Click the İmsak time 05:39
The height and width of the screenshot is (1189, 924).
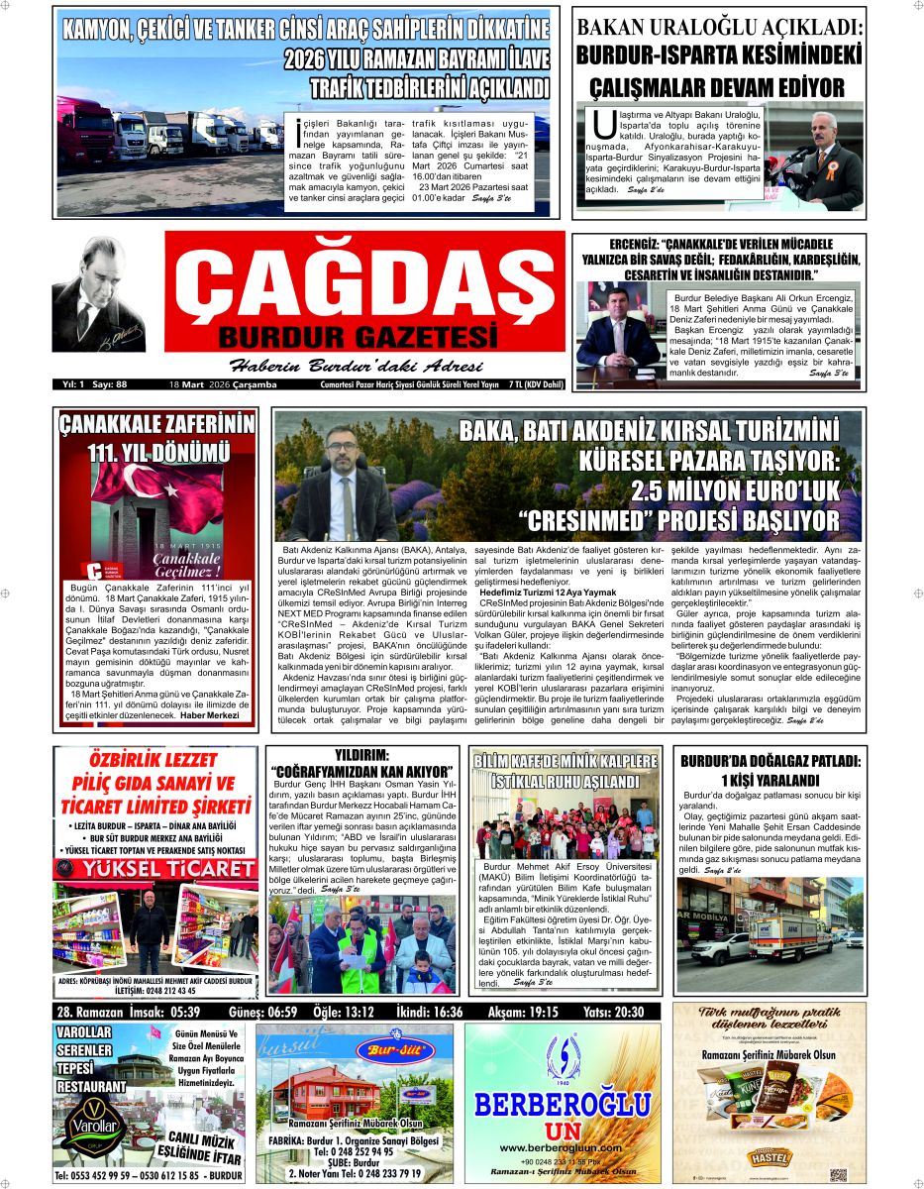click(x=184, y=1012)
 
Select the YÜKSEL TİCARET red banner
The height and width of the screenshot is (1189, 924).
click(x=156, y=869)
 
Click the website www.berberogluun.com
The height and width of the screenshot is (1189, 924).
click(x=563, y=1147)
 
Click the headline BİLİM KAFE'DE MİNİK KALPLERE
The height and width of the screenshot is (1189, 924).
click(x=565, y=761)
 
